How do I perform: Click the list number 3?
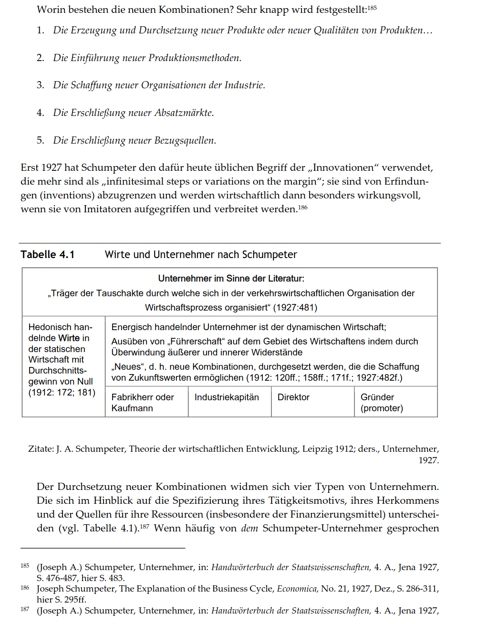pyautogui.click(x=40, y=85)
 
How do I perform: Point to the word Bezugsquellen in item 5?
pyautogui.click(x=185, y=141)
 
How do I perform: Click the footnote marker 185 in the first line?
pyautogui.click(x=372, y=8)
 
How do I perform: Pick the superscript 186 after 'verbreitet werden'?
pyautogui.click(x=303, y=208)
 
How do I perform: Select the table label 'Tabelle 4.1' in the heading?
pyautogui.click(x=47, y=255)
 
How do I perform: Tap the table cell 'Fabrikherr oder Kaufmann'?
pyautogui.click(x=142, y=402)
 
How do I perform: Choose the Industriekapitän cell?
pyautogui.click(x=227, y=397)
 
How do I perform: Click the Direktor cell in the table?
pyautogui.click(x=293, y=397)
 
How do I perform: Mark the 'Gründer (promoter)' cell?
pyautogui.click(x=382, y=402)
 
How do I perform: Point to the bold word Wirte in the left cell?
pyautogui.click(x=69, y=338)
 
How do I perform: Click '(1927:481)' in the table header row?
pyautogui.click(x=295, y=308)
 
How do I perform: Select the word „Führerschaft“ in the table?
pyautogui.click(x=196, y=342)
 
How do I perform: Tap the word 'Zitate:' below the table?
pyautogui.click(x=41, y=449)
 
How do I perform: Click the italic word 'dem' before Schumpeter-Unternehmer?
pyautogui.click(x=249, y=529)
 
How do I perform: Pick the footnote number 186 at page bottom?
pyautogui.click(x=25, y=588)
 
